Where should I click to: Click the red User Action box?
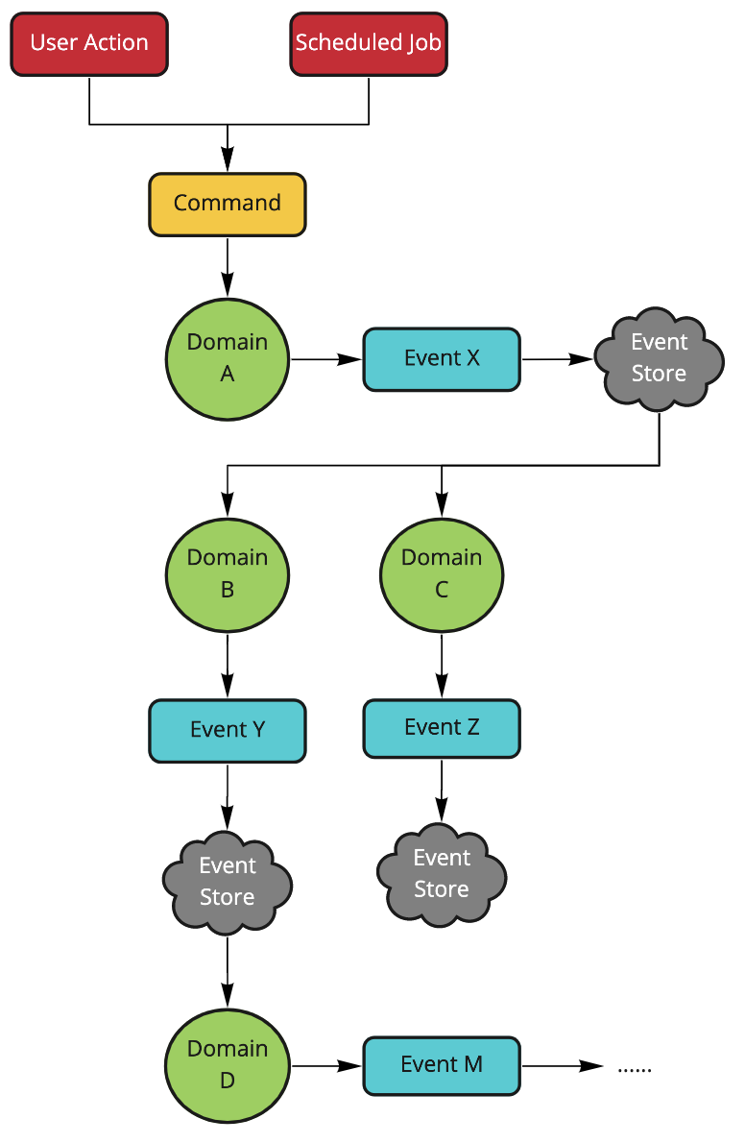pyautogui.click(x=89, y=43)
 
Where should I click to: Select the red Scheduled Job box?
pyautogui.click(x=369, y=43)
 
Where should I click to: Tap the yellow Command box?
pyautogui.click(x=228, y=204)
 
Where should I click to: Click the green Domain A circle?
pyautogui.click(x=228, y=358)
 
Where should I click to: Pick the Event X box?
pyautogui.click(x=442, y=359)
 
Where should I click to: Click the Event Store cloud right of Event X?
pyautogui.click(x=659, y=358)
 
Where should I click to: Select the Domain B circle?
pyautogui.click(x=228, y=573)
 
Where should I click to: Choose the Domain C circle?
pyautogui.click(x=442, y=573)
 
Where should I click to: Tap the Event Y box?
pyautogui.click(x=228, y=730)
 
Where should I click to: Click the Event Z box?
pyautogui.click(x=442, y=728)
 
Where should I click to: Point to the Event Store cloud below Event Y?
pyautogui.click(x=228, y=882)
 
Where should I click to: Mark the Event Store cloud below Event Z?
pyautogui.click(x=442, y=874)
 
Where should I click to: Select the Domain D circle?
pyautogui.click(x=228, y=1065)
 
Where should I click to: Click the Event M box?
pyautogui.click(x=442, y=1065)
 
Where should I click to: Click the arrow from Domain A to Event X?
pyautogui.click(x=326, y=359)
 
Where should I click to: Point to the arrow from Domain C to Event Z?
pyautogui.click(x=442, y=666)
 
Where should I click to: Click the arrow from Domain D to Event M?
pyautogui.click(x=326, y=1065)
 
